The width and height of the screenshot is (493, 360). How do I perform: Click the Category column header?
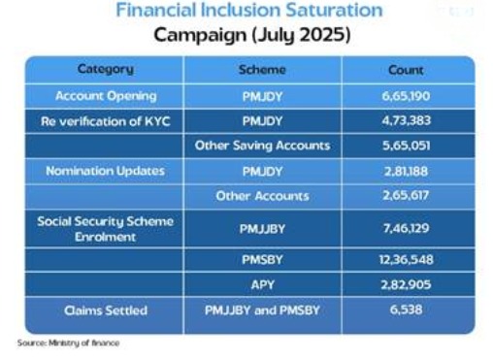point(106,69)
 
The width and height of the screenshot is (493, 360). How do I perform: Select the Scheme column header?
point(262,70)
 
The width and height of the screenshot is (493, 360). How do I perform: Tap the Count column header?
point(406,70)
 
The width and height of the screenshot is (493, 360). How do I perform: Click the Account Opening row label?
point(106,96)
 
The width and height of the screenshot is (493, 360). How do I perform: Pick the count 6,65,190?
point(406,96)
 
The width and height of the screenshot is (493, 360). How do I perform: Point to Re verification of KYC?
point(106,121)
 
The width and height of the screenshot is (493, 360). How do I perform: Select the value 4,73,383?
point(407,120)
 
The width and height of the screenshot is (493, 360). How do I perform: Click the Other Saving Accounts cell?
point(262,146)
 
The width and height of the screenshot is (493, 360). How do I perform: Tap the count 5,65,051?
point(407,146)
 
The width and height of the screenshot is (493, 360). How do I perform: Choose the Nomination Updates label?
point(106,171)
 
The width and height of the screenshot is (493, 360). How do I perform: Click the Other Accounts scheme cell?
point(262,196)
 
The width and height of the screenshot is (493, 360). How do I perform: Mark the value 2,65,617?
point(406,195)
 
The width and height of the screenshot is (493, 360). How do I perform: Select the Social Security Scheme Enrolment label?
point(106,229)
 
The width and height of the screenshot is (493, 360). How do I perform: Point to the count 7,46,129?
point(407,228)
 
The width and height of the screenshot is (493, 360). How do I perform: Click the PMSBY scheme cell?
point(262,260)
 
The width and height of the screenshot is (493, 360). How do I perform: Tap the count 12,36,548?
point(407,260)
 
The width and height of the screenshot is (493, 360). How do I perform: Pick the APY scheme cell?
point(263,284)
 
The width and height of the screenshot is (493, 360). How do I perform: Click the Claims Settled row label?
point(106,311)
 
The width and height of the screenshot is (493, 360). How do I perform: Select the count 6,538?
point(406,310)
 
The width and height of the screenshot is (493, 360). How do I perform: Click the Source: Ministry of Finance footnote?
point(68,343)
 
